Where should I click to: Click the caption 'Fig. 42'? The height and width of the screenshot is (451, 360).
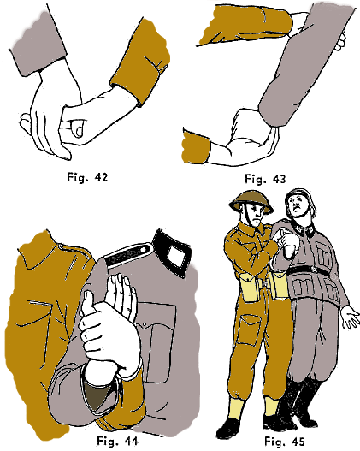(x=87, y=177)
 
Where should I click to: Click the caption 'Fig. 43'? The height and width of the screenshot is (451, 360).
(x=265, y=179)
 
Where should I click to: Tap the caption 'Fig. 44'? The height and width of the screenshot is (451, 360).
(x=117, y=441)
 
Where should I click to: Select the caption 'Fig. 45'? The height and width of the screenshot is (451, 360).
(x=284, y=442)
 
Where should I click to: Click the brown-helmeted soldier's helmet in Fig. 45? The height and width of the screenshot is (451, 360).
(x=251, y=200)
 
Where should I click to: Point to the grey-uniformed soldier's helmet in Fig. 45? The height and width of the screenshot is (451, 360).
(x=299, y=199)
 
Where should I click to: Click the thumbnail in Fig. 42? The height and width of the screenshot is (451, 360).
(x=78, y=128)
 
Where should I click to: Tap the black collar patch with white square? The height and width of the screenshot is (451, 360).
(x=173, y=252)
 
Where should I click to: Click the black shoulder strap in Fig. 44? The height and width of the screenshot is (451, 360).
(x=128, y=254)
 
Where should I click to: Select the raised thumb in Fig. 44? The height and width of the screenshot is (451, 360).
(x=86, y=303)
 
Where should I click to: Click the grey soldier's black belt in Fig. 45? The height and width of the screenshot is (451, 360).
(x=308, y=270)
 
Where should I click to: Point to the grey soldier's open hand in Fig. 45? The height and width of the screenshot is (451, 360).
(x=351, y=317)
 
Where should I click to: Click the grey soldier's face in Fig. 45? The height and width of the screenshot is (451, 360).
(x=298, y=207)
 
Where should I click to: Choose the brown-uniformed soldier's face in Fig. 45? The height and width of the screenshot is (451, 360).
(x=257, y=215)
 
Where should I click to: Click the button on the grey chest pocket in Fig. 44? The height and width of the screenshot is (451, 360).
(x=145, y=325)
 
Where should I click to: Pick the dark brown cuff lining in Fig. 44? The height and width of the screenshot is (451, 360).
(x=97, y=394)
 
